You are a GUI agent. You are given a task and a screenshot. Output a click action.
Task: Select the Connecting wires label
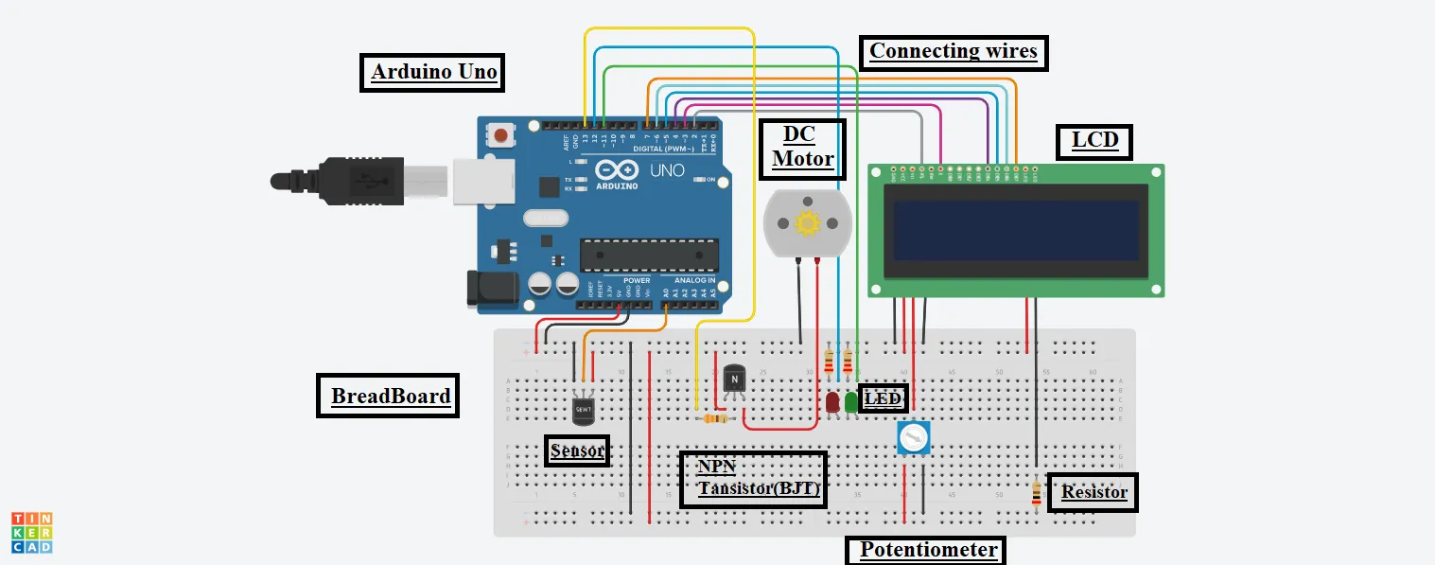953,51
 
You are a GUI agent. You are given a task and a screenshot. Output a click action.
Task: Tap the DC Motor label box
802,149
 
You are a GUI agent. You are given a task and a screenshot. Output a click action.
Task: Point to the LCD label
1094,142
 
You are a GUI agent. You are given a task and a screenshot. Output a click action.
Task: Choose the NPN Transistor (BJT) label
753,479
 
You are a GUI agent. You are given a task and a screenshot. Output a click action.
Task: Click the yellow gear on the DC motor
807,224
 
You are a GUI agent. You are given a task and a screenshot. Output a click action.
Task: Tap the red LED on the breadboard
831,402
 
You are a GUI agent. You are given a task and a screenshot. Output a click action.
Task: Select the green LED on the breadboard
850,402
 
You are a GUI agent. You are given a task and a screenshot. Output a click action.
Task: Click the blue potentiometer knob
913,437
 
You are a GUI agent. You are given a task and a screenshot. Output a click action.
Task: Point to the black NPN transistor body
734,379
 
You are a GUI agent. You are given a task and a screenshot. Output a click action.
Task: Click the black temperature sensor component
584,410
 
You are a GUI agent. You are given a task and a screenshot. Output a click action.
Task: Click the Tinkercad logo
31,532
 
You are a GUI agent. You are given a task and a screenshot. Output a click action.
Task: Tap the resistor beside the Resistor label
1036,492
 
